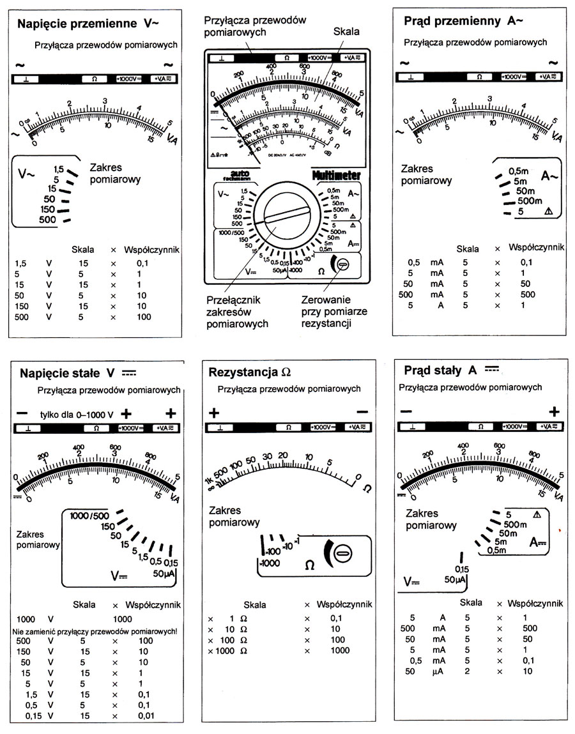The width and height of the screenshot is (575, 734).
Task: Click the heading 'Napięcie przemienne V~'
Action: click(88, 24)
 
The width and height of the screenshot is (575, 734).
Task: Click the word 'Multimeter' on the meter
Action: click(337, 175)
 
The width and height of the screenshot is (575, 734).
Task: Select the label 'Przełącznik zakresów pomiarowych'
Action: click(238, 311)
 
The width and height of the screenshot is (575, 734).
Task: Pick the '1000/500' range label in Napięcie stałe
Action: click(89, 516)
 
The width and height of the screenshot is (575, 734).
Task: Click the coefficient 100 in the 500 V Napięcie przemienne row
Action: click(143, 317)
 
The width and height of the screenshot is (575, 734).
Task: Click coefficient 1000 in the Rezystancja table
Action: click(340, 650)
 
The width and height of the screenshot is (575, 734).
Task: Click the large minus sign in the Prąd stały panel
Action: click(406, 411)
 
